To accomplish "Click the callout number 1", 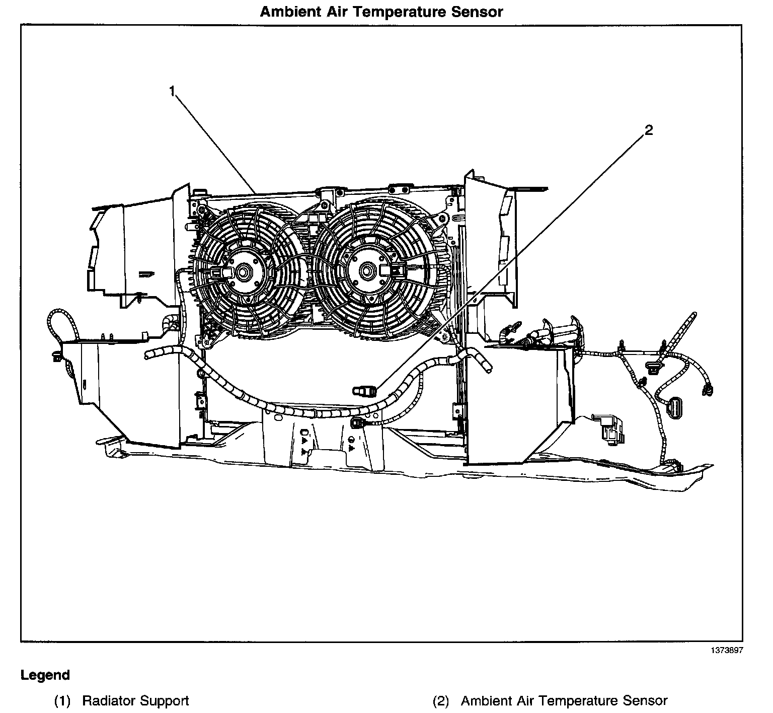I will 172,91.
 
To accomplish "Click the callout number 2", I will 649,130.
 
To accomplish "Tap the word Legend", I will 45,675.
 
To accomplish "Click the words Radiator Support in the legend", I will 135,700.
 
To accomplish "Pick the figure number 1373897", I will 727,651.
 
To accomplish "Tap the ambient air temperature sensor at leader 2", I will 365,390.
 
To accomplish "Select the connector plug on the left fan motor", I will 220,272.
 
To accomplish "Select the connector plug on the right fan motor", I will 394,271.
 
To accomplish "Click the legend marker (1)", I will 62,700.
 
